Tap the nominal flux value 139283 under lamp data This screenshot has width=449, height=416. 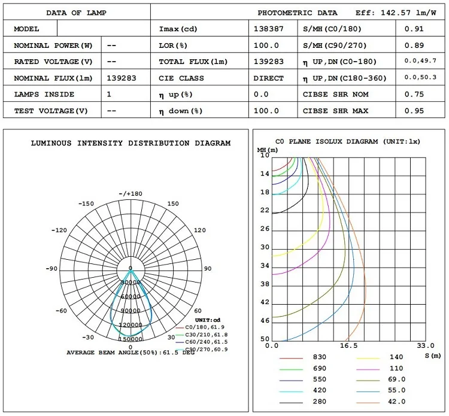tap(122, 78)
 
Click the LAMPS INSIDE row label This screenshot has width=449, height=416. tap(44, 95)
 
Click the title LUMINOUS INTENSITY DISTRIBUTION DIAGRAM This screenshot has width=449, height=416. tap(131, 143)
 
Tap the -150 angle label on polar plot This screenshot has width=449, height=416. tap(87, 204)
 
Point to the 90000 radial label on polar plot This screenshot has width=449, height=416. tap(131, 310)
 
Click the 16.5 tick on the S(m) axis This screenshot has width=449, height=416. tap(348, 346)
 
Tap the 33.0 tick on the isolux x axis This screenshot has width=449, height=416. tap(426, 346)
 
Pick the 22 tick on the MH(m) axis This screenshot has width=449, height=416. tap(265, 210)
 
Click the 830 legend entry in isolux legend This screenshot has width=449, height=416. tap(319, 357)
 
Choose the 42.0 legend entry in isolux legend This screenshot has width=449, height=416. tap(397, 402)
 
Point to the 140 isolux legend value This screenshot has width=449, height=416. tap(396, 357)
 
